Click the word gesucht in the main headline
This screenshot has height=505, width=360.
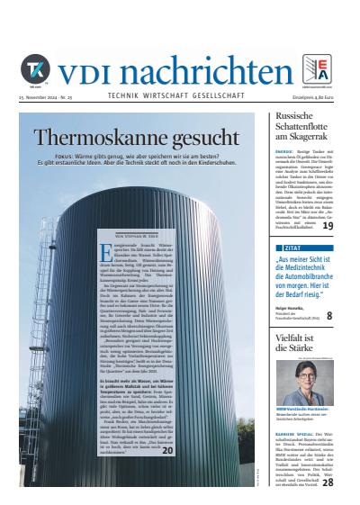(x=199, y=138)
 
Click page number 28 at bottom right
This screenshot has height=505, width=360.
(x=328, y=482)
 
